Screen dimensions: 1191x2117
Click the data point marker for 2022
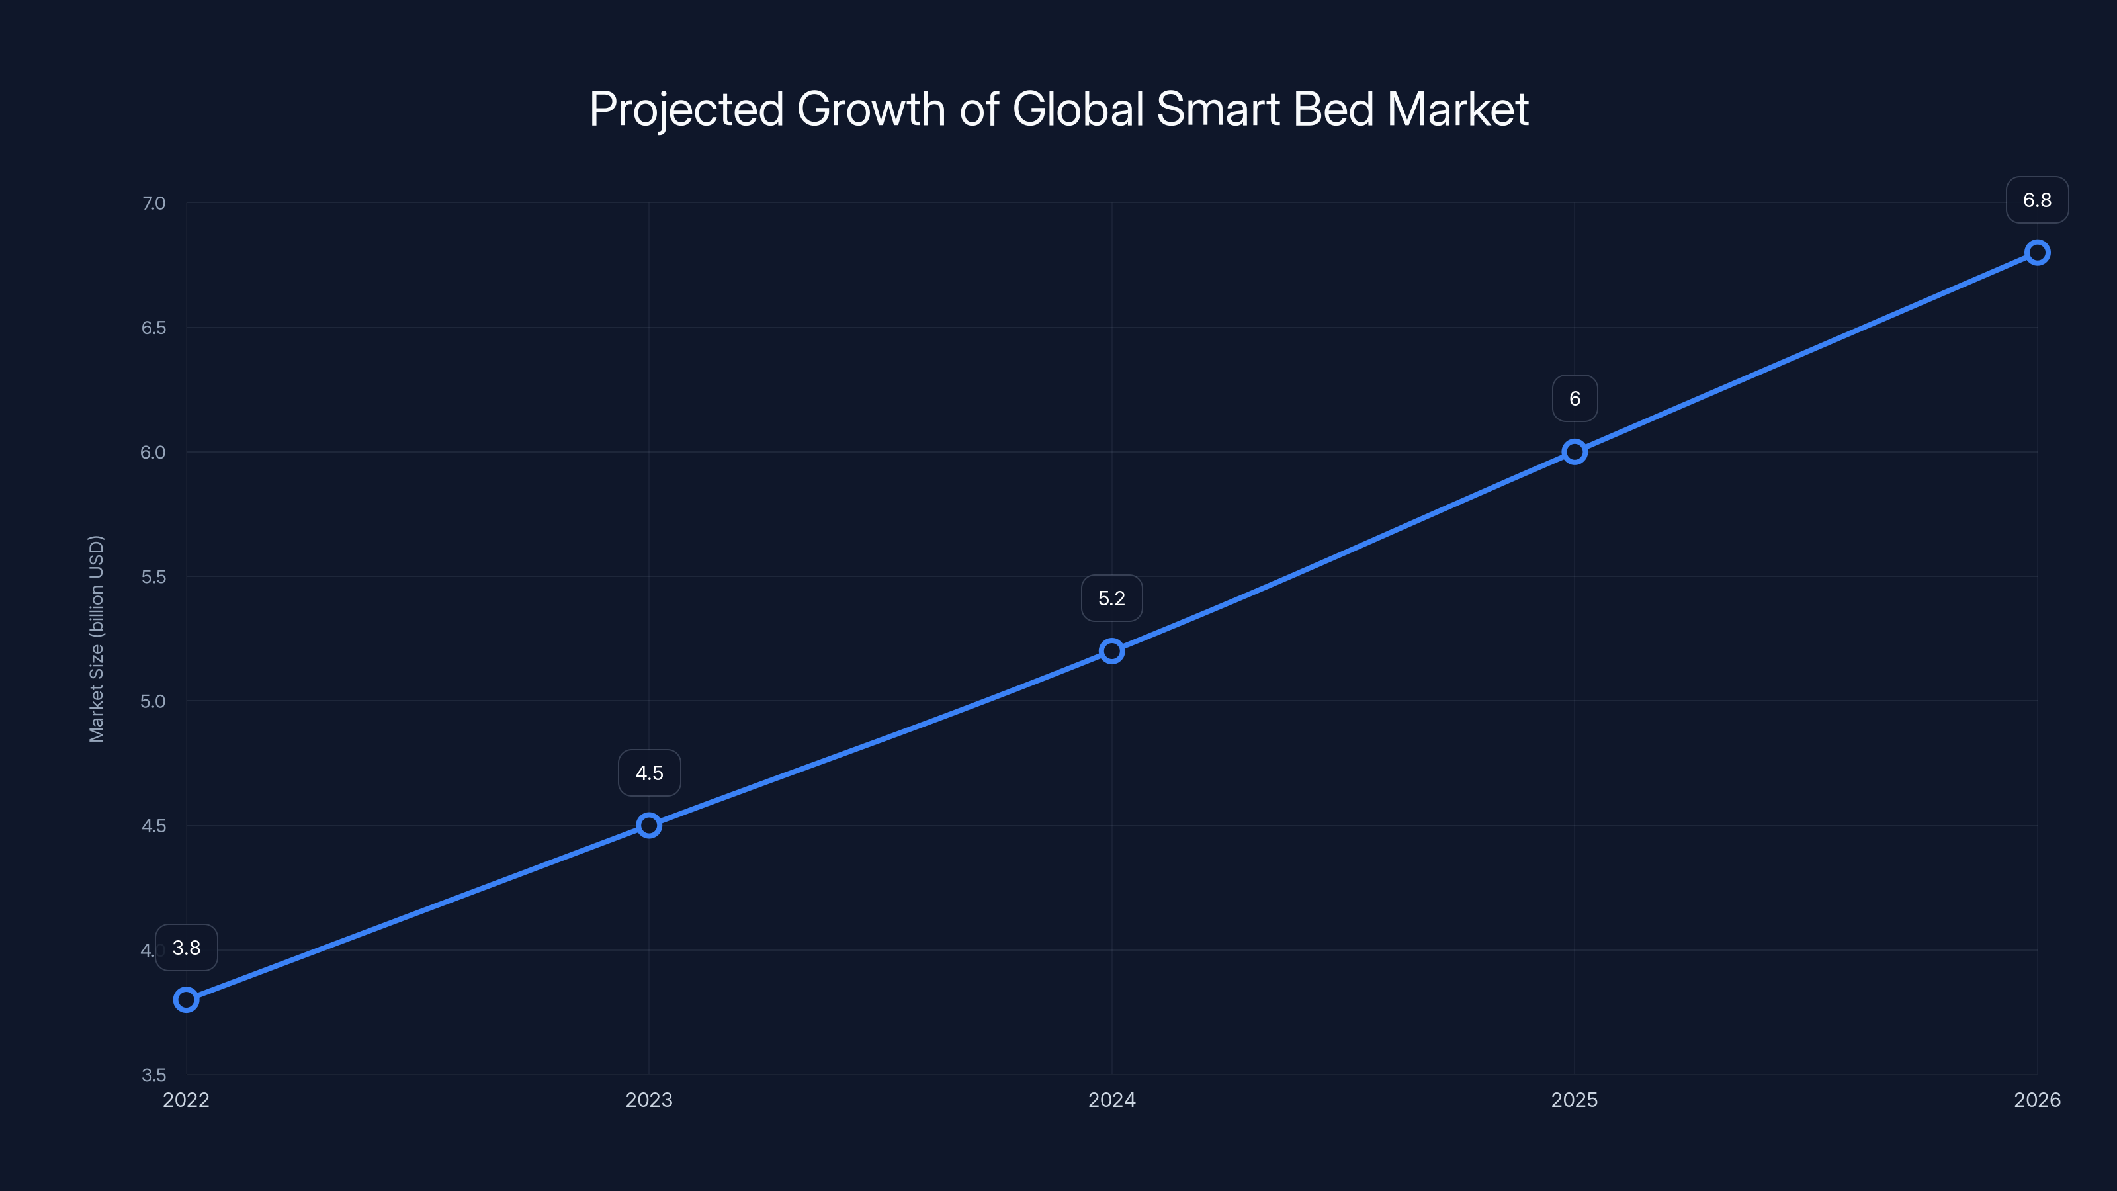(187, 1000)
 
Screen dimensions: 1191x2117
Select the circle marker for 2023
(649, 825)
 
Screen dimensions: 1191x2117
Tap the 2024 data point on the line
(1112, 651)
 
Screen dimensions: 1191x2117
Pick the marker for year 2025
(1575, 452)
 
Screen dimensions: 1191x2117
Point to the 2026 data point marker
(2038, 252)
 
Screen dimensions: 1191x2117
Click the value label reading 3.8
(187, 948)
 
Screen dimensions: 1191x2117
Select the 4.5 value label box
(649, 773)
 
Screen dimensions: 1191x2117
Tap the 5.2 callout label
(1112, 598)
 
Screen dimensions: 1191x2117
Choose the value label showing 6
(1575, 398)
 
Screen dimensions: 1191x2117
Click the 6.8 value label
(2038, 200)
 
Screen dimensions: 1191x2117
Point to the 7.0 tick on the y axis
(153, 203)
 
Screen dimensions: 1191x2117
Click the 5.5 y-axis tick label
(153, 577)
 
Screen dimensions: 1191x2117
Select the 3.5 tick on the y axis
(153, 1075)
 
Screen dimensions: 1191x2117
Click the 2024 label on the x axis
(1112, 1100)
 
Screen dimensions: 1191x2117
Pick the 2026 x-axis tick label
(2038, 1100)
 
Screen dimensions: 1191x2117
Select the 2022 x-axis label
(187, 1100)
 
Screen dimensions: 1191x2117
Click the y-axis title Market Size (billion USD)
(96, 639)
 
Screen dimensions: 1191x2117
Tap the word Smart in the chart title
(1218, 109)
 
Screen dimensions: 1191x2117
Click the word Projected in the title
(686, 110)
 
